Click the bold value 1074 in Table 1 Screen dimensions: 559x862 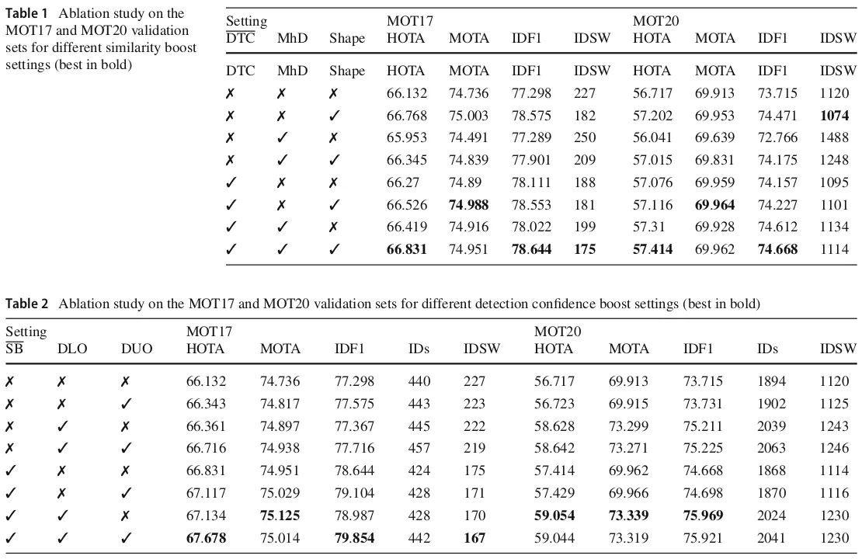point(837,116)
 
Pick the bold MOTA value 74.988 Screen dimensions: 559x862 point(469,206)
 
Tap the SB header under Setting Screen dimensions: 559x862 point(15,349)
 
